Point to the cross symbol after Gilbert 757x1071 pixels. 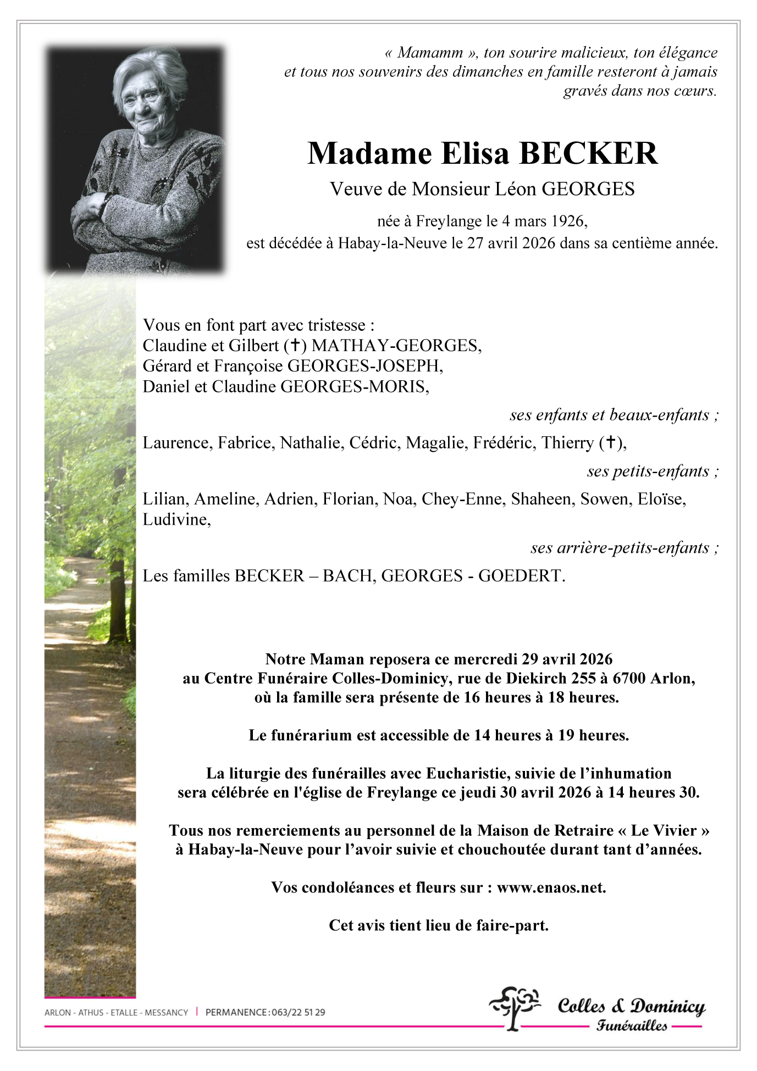(295, 346)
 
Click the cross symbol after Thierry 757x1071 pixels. (610, 443)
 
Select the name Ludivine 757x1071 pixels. (175, 519)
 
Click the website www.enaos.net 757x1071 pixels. (550, 887)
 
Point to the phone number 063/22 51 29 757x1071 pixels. (297, 1012)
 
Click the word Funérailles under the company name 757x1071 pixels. (632, 1026)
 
